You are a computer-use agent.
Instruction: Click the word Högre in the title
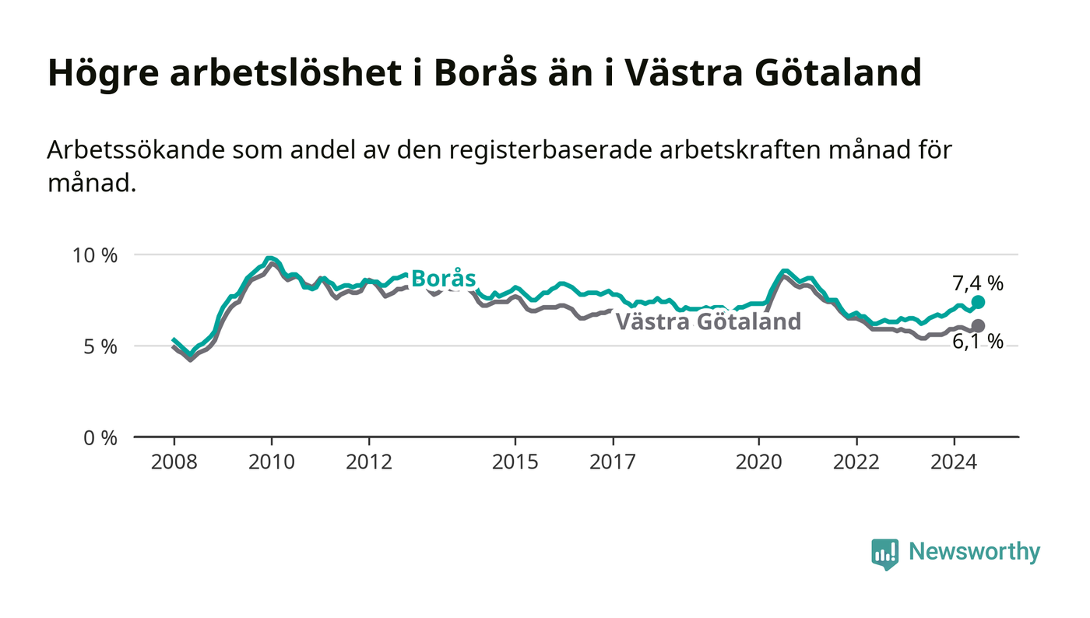click(104, 74)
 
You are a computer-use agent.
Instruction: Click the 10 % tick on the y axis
click(94, 255)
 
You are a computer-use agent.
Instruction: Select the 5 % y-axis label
click(100, 347)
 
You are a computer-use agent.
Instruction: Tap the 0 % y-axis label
click(100, 438)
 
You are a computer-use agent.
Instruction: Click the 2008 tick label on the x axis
click(174, 462)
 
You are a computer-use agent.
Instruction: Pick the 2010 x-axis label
click(272, 462)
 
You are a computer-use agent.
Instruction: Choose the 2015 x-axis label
click(515, 462)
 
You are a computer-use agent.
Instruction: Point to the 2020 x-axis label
click(758, 462)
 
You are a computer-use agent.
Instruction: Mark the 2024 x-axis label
click(954, 462)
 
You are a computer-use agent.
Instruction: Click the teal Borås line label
click(443, 279)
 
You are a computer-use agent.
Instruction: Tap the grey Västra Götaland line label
click(708, 321)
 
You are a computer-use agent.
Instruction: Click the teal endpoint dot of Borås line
click(978, 302)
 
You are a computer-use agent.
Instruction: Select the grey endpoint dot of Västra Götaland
click(978, 326)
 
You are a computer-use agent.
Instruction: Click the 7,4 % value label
click(978, 283)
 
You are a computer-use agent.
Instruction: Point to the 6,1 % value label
click(978, 342)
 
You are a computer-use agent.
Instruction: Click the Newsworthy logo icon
click(884, 554)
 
